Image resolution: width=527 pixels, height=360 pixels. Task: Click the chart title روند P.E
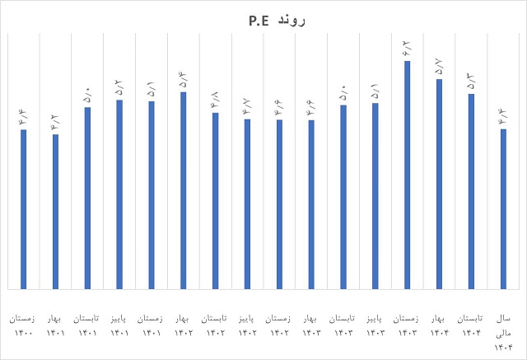(263, 19)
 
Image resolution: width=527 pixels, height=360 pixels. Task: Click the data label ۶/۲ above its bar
(407, 47)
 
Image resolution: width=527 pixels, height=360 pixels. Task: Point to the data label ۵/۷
(439, 65)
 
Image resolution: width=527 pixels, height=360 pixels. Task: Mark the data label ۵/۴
(183, 78)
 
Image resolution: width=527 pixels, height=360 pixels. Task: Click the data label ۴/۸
(215, 99)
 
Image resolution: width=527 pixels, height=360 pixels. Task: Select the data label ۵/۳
(471, 80)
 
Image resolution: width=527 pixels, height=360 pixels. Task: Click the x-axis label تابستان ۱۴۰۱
(86, 325)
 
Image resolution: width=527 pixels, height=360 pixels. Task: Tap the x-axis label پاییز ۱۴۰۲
(247, 325)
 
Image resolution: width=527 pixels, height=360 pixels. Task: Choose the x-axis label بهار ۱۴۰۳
(311, 325)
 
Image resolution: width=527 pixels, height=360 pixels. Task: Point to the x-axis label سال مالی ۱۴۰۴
(502, 331)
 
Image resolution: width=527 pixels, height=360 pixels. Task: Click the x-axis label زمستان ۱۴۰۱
(151, 325)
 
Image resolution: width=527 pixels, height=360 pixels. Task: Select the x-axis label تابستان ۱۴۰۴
(471, 325)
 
